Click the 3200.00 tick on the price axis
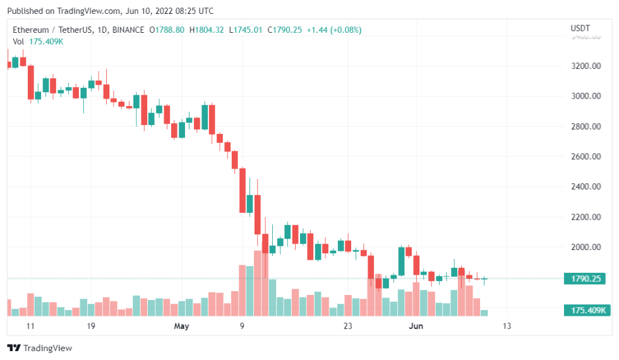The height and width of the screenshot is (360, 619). [x=584, y=66]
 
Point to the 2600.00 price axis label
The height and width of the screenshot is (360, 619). [x=584, y=157]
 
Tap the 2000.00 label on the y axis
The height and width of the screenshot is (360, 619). [x=584, y=247]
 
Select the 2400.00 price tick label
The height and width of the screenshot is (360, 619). [x=584, y=187]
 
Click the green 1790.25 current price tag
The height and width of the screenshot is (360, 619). [x=586, y=279]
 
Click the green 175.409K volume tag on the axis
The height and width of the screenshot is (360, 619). [x=586, y=310]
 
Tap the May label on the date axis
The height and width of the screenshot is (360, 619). [x=181, y=326]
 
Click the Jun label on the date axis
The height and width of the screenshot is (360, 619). [x=415, y=326]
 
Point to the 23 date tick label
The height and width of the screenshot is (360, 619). [x=347, y=326]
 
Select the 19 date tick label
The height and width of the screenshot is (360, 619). [x=91, y=326]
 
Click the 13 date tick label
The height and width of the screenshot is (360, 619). [x=507, y=326]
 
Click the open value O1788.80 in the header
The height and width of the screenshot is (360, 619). [x=167, y=30]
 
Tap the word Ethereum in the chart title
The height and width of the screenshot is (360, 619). [x=32, y=30]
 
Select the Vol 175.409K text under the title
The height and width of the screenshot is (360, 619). [x=38, y=41]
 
